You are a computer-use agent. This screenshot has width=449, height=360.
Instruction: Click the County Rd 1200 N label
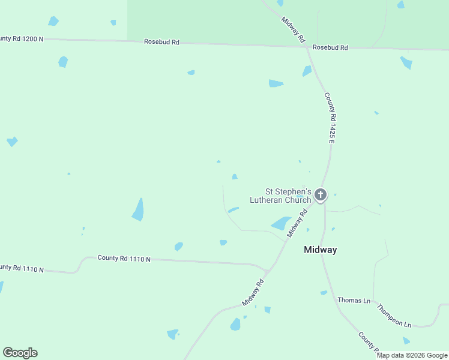(x=22, y=39)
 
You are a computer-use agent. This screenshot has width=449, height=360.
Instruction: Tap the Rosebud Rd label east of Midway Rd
(x=330, y=47)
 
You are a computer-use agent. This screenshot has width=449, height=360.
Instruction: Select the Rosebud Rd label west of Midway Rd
(x=161, y=42)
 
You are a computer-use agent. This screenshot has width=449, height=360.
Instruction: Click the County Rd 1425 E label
(x=328, y=117)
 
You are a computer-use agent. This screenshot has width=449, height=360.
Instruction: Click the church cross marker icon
(x=321, y=194)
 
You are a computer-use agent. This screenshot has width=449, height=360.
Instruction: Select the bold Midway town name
(x=320, y=250)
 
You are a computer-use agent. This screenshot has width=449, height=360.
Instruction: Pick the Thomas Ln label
(x=354, y=300)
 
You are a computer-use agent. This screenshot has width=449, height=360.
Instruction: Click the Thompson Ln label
(x=394, y=316)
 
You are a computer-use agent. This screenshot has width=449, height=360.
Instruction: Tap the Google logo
(x=20, y=353)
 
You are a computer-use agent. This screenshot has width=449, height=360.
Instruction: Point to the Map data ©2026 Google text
(x=412, y=355)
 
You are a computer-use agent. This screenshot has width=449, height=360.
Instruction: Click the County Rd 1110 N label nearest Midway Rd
(x=124, y=259)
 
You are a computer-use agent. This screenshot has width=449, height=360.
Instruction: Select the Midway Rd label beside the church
(x=297, y=223)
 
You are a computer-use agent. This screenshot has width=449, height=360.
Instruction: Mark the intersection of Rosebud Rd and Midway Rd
(x=307, y=46)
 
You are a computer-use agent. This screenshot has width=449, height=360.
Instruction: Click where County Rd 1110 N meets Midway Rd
(x=266, y=270)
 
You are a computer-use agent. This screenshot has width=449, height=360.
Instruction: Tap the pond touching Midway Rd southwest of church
(x=281, y=223)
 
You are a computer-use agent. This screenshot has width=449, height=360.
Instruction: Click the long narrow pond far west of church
(x=139, y=209)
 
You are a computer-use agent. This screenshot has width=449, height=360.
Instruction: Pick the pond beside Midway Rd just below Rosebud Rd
(x=307, y=71)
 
